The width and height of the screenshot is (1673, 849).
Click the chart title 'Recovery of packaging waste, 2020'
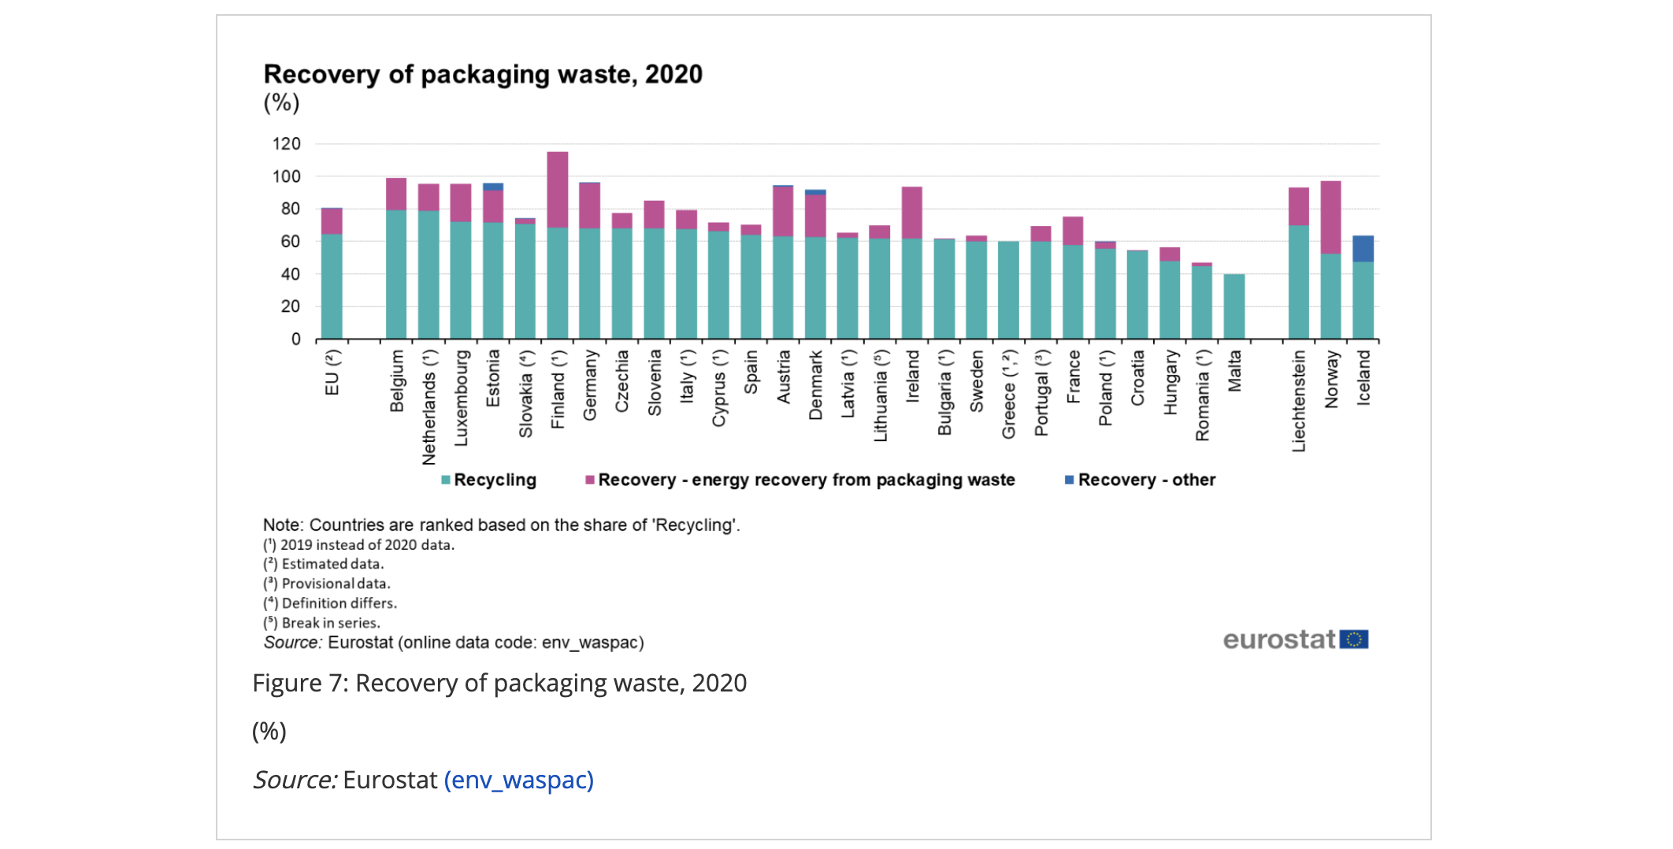point(483,74)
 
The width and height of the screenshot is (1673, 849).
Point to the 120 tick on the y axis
point(287,144)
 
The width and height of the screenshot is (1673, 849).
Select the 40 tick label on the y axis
point(290,274)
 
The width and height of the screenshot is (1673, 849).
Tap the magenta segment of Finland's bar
point(557,189)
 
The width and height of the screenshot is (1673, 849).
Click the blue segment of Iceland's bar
point(1363,248)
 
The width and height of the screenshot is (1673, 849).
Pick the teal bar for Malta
point(1233,306)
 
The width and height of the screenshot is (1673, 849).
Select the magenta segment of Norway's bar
point(1330,217)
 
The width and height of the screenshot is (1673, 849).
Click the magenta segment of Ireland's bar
point(911,213)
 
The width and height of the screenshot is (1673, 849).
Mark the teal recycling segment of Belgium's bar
point(396,274)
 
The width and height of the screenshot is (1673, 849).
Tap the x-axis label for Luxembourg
point(461,398)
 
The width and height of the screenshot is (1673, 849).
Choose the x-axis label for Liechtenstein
point(1298,401)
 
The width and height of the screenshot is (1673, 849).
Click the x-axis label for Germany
point(590,385)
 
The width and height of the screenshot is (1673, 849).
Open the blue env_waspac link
point(518,780)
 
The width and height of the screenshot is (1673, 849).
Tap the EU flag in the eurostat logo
point(1353,640)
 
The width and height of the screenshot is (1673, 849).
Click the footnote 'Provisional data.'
point(336,584)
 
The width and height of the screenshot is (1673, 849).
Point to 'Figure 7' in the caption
point(299,683)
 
